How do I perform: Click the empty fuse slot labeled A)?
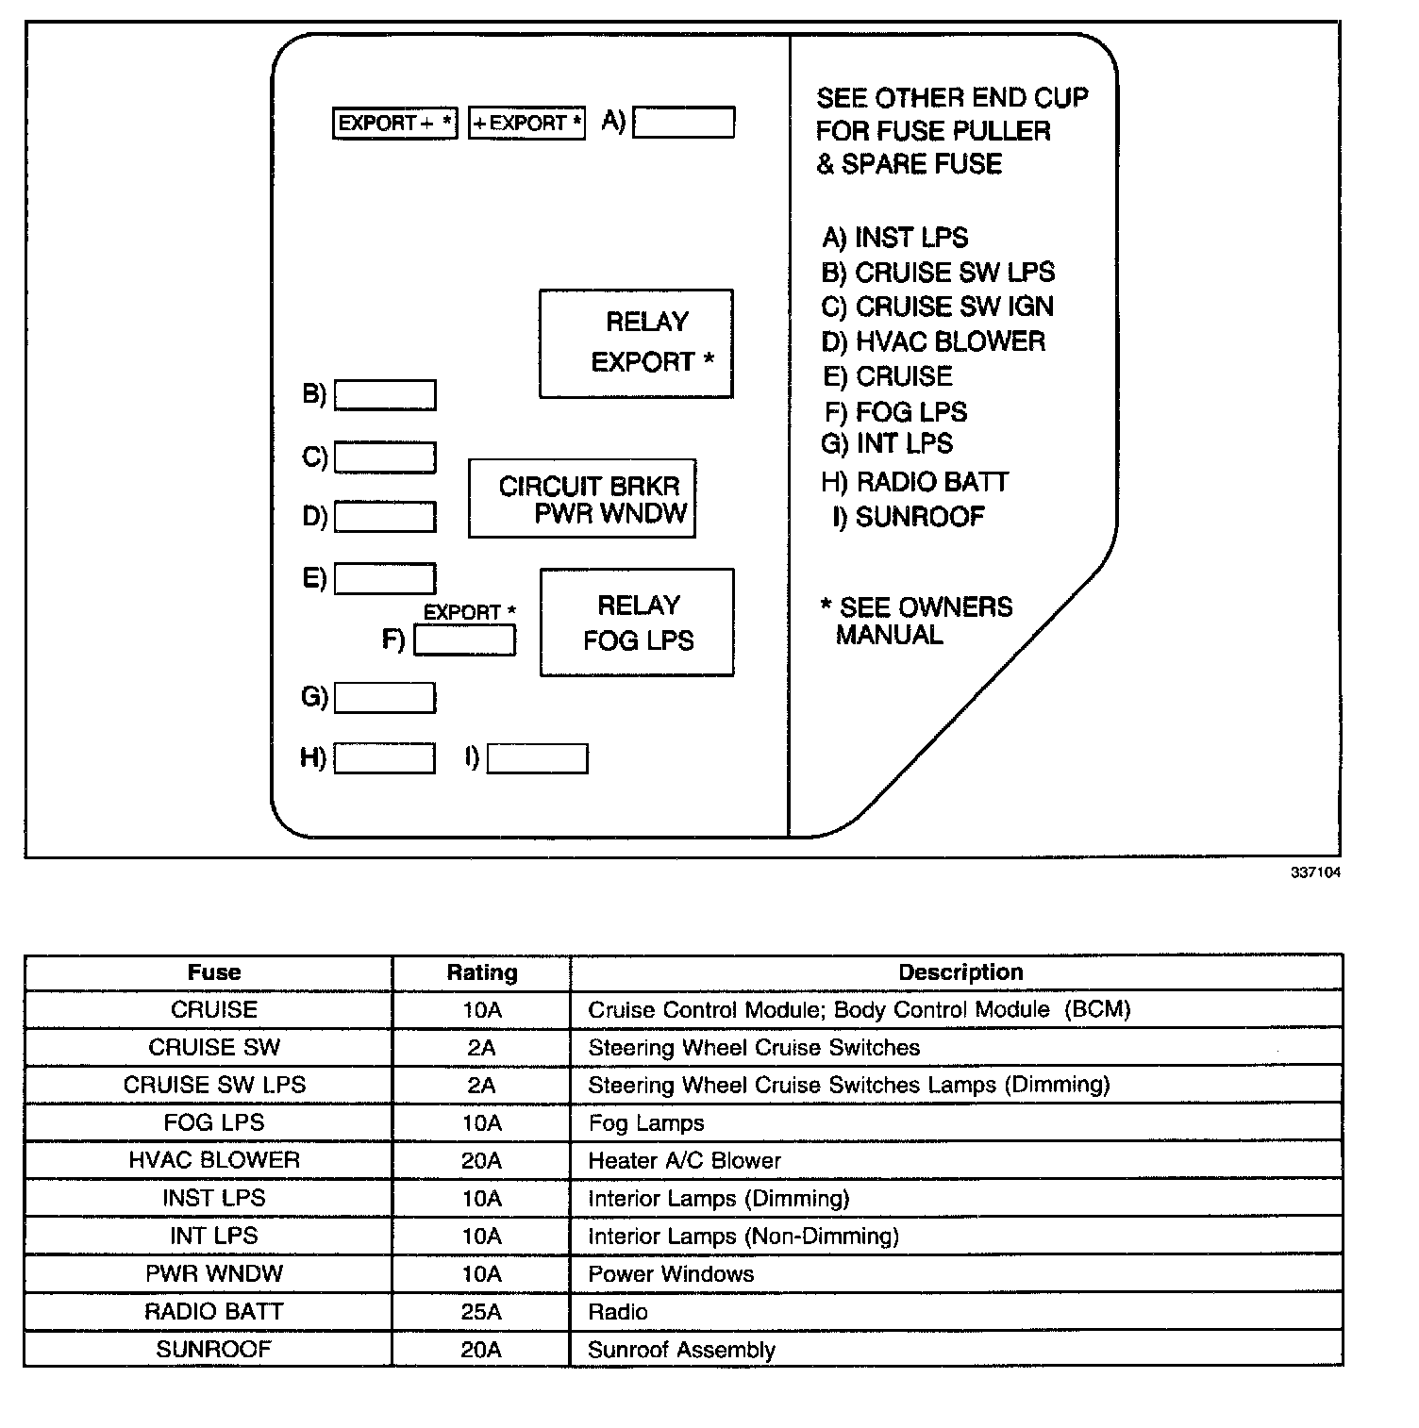(x=683, y=123)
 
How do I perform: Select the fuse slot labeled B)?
(x=385, y=395)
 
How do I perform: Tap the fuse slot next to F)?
(x=465, y=640)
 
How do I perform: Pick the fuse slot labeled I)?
(x=537, y=758)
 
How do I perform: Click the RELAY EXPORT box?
(x=636, y=343)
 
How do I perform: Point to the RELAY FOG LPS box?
(x=637, y=623)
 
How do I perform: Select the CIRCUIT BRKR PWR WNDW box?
(x=582, y=499)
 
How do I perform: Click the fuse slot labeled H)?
(x=385, y=758)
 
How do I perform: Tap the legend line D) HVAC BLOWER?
(x=933, y=341)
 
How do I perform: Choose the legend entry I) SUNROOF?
(x=909, y=517)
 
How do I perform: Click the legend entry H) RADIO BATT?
(x=914, y=482)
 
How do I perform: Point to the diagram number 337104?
(x=1315, y=872)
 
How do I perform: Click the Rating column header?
(x=481, y=972)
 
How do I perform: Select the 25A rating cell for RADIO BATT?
(x=481, y=1312)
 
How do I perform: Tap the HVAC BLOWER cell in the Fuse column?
(x=214, y=1160)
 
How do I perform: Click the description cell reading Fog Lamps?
(x=646, y=1123)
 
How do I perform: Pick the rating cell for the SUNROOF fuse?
(x=481, y=1350)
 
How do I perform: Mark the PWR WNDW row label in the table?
(x=214, y=1274)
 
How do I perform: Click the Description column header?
(x=960, y=972)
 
